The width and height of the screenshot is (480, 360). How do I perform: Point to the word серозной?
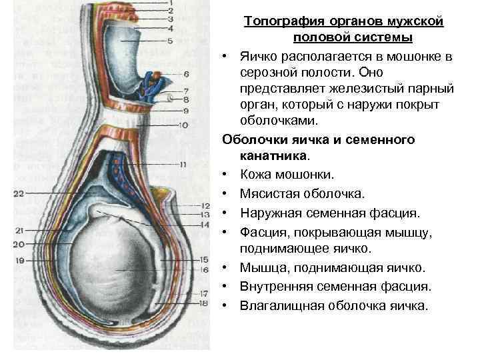pos(272,71)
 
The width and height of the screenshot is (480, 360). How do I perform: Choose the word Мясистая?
pos(271,195)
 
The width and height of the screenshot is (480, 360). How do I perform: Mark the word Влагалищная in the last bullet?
pos(283,306)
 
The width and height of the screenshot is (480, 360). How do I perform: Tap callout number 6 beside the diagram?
pos(185,73)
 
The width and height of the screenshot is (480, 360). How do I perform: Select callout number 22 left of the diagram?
pos(18,194)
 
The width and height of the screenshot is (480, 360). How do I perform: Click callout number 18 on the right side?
pos(186,303)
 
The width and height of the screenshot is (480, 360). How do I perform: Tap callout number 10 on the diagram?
pos(185,124)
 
